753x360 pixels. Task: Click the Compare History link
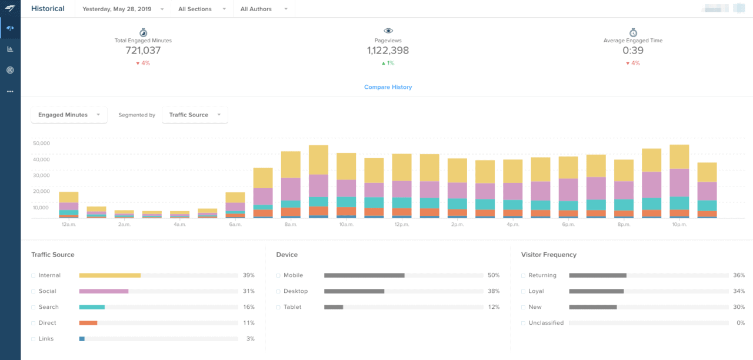pyautogui.click(x=388, y=87)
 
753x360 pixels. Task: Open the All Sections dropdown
pyautogui.click(x=202, y=9)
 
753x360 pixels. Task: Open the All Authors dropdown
pyautogui.click(x=264, y=9)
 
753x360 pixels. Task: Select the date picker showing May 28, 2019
pyautogui.click(x=123, y=9)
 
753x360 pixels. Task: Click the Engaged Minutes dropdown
pyautogui.click(x=69, y=115)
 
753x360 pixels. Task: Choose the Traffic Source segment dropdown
pyautogui.click(x=194, y=115)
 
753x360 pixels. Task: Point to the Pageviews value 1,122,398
pyautogui.click(x=388, y=51)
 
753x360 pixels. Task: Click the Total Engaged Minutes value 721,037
pyautogui.click(x=143, y=51)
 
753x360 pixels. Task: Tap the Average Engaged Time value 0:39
pyautogui.click(x=633, y=51)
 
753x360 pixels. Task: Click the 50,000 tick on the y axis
pyautogui.click(x=41, y=143)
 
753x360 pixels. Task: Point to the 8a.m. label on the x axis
pyautogui.click(x=291, y=225)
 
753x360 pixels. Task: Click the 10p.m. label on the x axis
pyautogui.click(x=679, y=225)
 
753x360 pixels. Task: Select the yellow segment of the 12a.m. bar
pyautogui.click(x=69, y=197)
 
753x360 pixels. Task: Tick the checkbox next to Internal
pyautogui.click(x=34, y=275)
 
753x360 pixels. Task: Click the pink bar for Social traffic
pyautogui.click(x=104, y=291)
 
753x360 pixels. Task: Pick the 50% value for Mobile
pyautogui.click(x=493, y=275)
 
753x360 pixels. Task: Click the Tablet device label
pyautogui.click(x=293, y=307)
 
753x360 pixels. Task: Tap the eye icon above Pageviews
pyautogui.click(x=388, y=31)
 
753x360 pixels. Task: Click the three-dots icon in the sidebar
pyautogui.click(x=10, y=91)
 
